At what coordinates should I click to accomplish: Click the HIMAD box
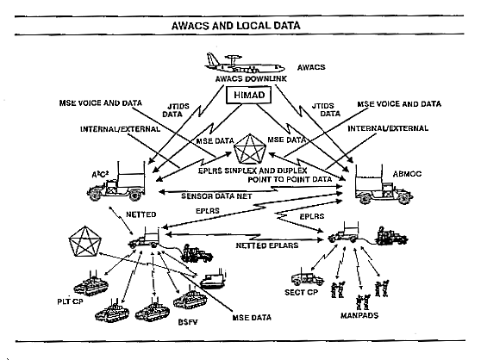point(249,95)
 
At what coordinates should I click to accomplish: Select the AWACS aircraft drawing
point(245,64)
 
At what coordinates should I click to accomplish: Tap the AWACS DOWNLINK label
point(251,79)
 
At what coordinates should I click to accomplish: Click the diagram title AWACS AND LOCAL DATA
point(235,26)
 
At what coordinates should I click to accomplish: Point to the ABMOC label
point(407,174)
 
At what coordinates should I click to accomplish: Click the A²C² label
point(100,175)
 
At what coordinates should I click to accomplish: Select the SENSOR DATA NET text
point(216,196)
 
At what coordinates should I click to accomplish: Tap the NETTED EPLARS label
point(267,245)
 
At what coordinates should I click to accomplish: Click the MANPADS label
point(359,315)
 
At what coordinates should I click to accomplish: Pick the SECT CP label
point(301,292)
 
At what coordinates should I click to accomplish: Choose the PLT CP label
point(70,301)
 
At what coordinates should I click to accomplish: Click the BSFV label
point(188,322)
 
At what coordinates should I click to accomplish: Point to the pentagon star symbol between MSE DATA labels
point(250,149)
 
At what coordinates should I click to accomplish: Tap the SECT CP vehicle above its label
point(307,277)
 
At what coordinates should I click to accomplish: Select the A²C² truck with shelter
point(116,182)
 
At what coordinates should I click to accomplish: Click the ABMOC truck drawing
point(384,185)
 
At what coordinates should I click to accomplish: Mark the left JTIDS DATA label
point(176,110)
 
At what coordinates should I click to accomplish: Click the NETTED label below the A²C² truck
point(141,214)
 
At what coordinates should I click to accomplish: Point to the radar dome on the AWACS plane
point(234,57)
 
